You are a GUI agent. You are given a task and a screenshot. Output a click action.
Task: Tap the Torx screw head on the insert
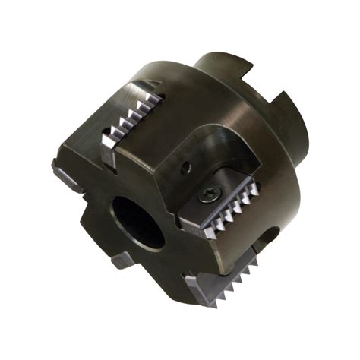click(207, 194)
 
